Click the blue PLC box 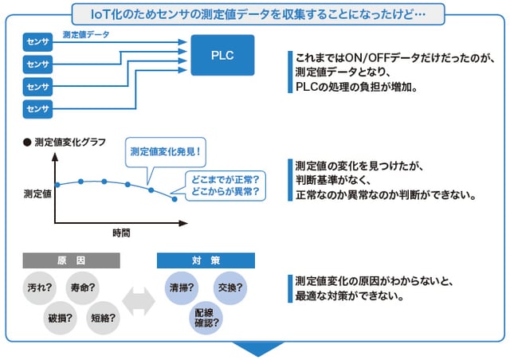click(x=222, y=55)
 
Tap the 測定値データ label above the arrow click(x=86, y=34)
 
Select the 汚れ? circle click(x=40, y=288)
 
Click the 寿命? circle click(x=83, y=288)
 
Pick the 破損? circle click(x=61, y=318)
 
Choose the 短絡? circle click(x=103, y=318)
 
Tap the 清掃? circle click(x=182, y=288)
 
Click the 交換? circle click(x=230, y=288)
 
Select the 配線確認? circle click(x=206, y=318)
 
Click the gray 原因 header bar click(x=71, y=260)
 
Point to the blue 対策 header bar click(x=206, y=260)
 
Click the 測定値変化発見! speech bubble click(x=166, y=152)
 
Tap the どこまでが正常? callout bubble click(x=226, y=186)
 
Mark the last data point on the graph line click(x=175, y=199)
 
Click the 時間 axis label click(x=121, y=233)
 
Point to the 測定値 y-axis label click(x=37, y=194)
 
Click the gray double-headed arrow click(x=139, y=302)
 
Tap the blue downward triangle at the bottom click(x=258, y=349)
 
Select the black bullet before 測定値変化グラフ click(x=27, y=143)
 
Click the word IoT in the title click(x=100, y=14)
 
